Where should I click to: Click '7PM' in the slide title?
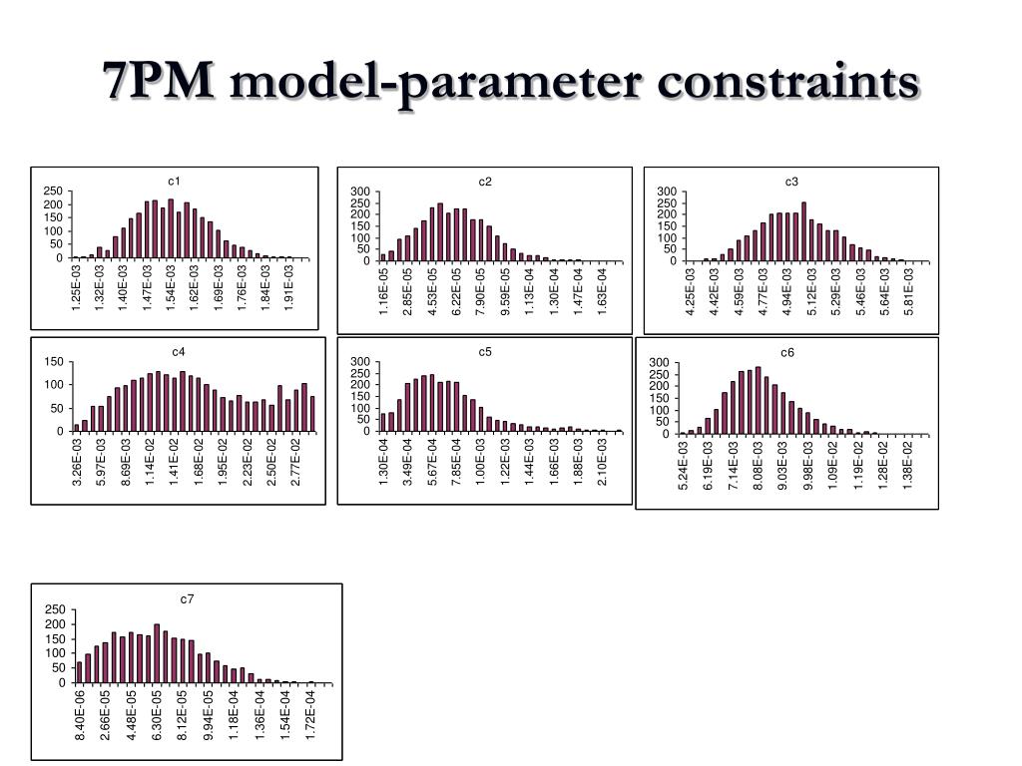pyautogui.click(x=158, y=81)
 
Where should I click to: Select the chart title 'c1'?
pyautogui.click(x=174, y=181)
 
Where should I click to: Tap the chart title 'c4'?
pyautogui.click(x=178, y=351)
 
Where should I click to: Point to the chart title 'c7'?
pyautogui.click(x=187, y=598)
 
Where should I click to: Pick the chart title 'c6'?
pyautogui.click(x=787, y=352)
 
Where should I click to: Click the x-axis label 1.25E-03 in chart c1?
pyautogui.click(x=76, y=288)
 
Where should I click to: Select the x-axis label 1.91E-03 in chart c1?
pyautogui.click(x=289, y=288)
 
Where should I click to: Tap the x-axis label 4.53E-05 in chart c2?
pyautogui.click(x=433, y=291)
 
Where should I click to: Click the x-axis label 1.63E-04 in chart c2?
pyautogui.click(x=602, y=291)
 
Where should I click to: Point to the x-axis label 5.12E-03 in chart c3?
pyautogui.click(x=812, y=291)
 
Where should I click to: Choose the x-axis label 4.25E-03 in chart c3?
pyautogui.click(x=690, y=291)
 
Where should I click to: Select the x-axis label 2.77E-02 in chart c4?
pyautogui.click(x=295, y=462)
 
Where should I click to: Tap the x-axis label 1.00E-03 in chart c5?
pyautogui.click(x=481, y=462)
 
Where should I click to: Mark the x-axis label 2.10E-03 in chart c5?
pyautogui.click(x=602, y=462)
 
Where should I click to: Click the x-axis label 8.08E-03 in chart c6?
pyautogui.click(x=759, y=465)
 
